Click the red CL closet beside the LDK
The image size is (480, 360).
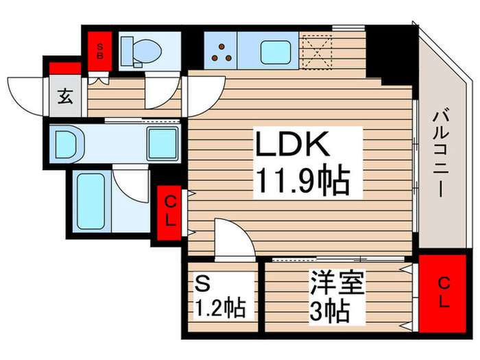point(169,213)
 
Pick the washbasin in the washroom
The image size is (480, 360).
point(67,144)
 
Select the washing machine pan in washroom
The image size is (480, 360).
point(163,144)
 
